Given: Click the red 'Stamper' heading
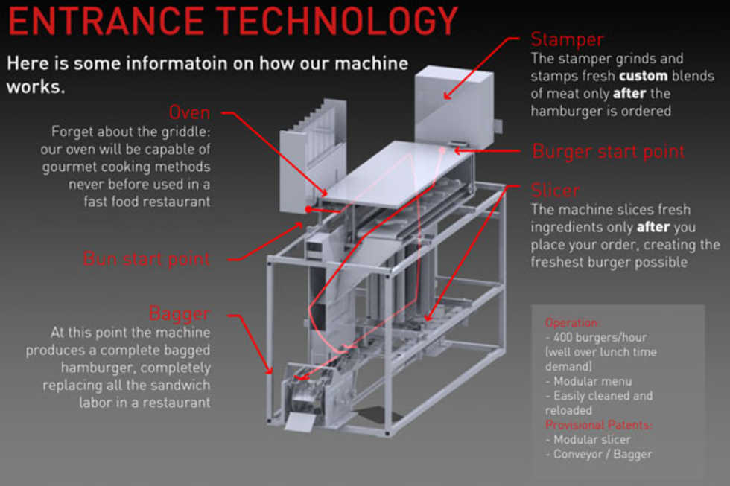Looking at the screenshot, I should point(567,39).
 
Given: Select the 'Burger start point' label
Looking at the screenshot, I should point(608,152).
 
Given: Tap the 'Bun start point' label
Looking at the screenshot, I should point(147,259).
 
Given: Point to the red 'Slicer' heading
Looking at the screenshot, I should point(555,190).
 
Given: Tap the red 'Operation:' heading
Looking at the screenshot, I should point(572,323).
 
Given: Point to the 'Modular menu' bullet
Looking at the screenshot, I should point(588,381).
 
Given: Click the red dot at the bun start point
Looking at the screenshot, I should point(308,210).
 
